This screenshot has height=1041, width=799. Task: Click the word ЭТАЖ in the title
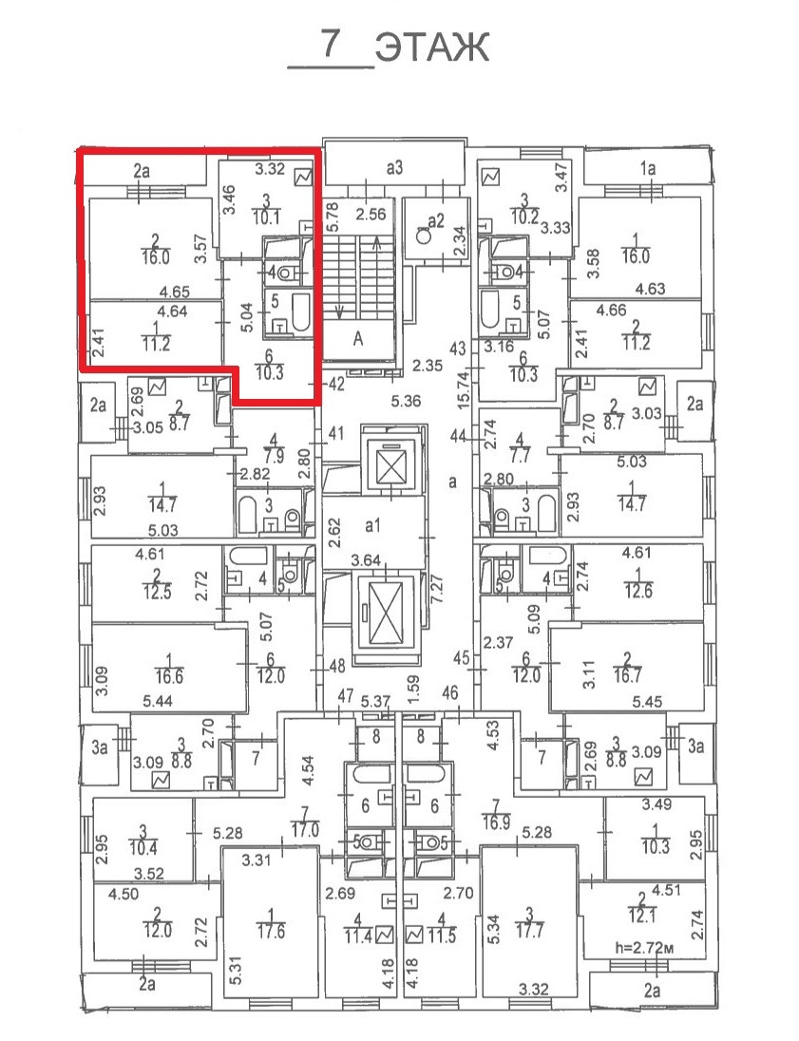point(432,47)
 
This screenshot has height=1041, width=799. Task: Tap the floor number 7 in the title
point(331,45)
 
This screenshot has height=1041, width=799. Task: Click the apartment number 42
point(334,385)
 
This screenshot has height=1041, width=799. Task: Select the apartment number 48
point(336,667)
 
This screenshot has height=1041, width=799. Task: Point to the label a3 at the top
point(395,169)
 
